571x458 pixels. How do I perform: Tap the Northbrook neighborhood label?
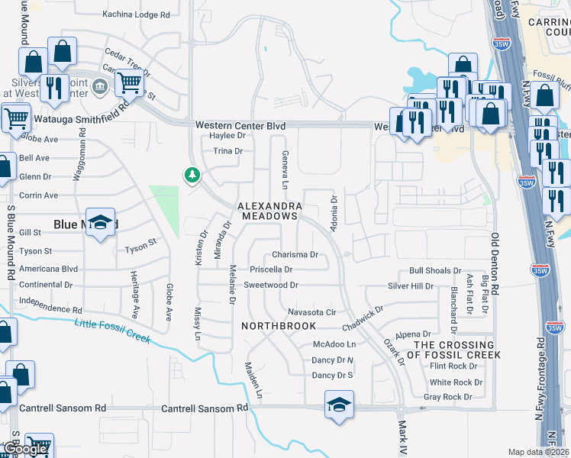click(x=279, y=326)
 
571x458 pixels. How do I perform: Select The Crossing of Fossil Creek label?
click(x=457, y=350)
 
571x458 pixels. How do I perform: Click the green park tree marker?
click(x=192, y=176)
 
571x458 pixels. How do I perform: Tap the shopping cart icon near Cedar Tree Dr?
click(x=130, y=82)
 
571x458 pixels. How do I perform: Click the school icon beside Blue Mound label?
click(x=100, y=223)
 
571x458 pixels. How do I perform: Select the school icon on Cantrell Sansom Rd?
click(x=339, y=404)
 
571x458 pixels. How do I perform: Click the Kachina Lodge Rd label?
click(x=136, y=15)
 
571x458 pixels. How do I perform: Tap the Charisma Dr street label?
click(x=295, y=255)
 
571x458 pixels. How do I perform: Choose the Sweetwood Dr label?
click(x=270, y=285)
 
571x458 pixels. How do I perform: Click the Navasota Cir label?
click(x=312, y=312)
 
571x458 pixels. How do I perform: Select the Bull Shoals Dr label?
click(x=435, y=270)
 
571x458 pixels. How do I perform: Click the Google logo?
click(x=24, y=450)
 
